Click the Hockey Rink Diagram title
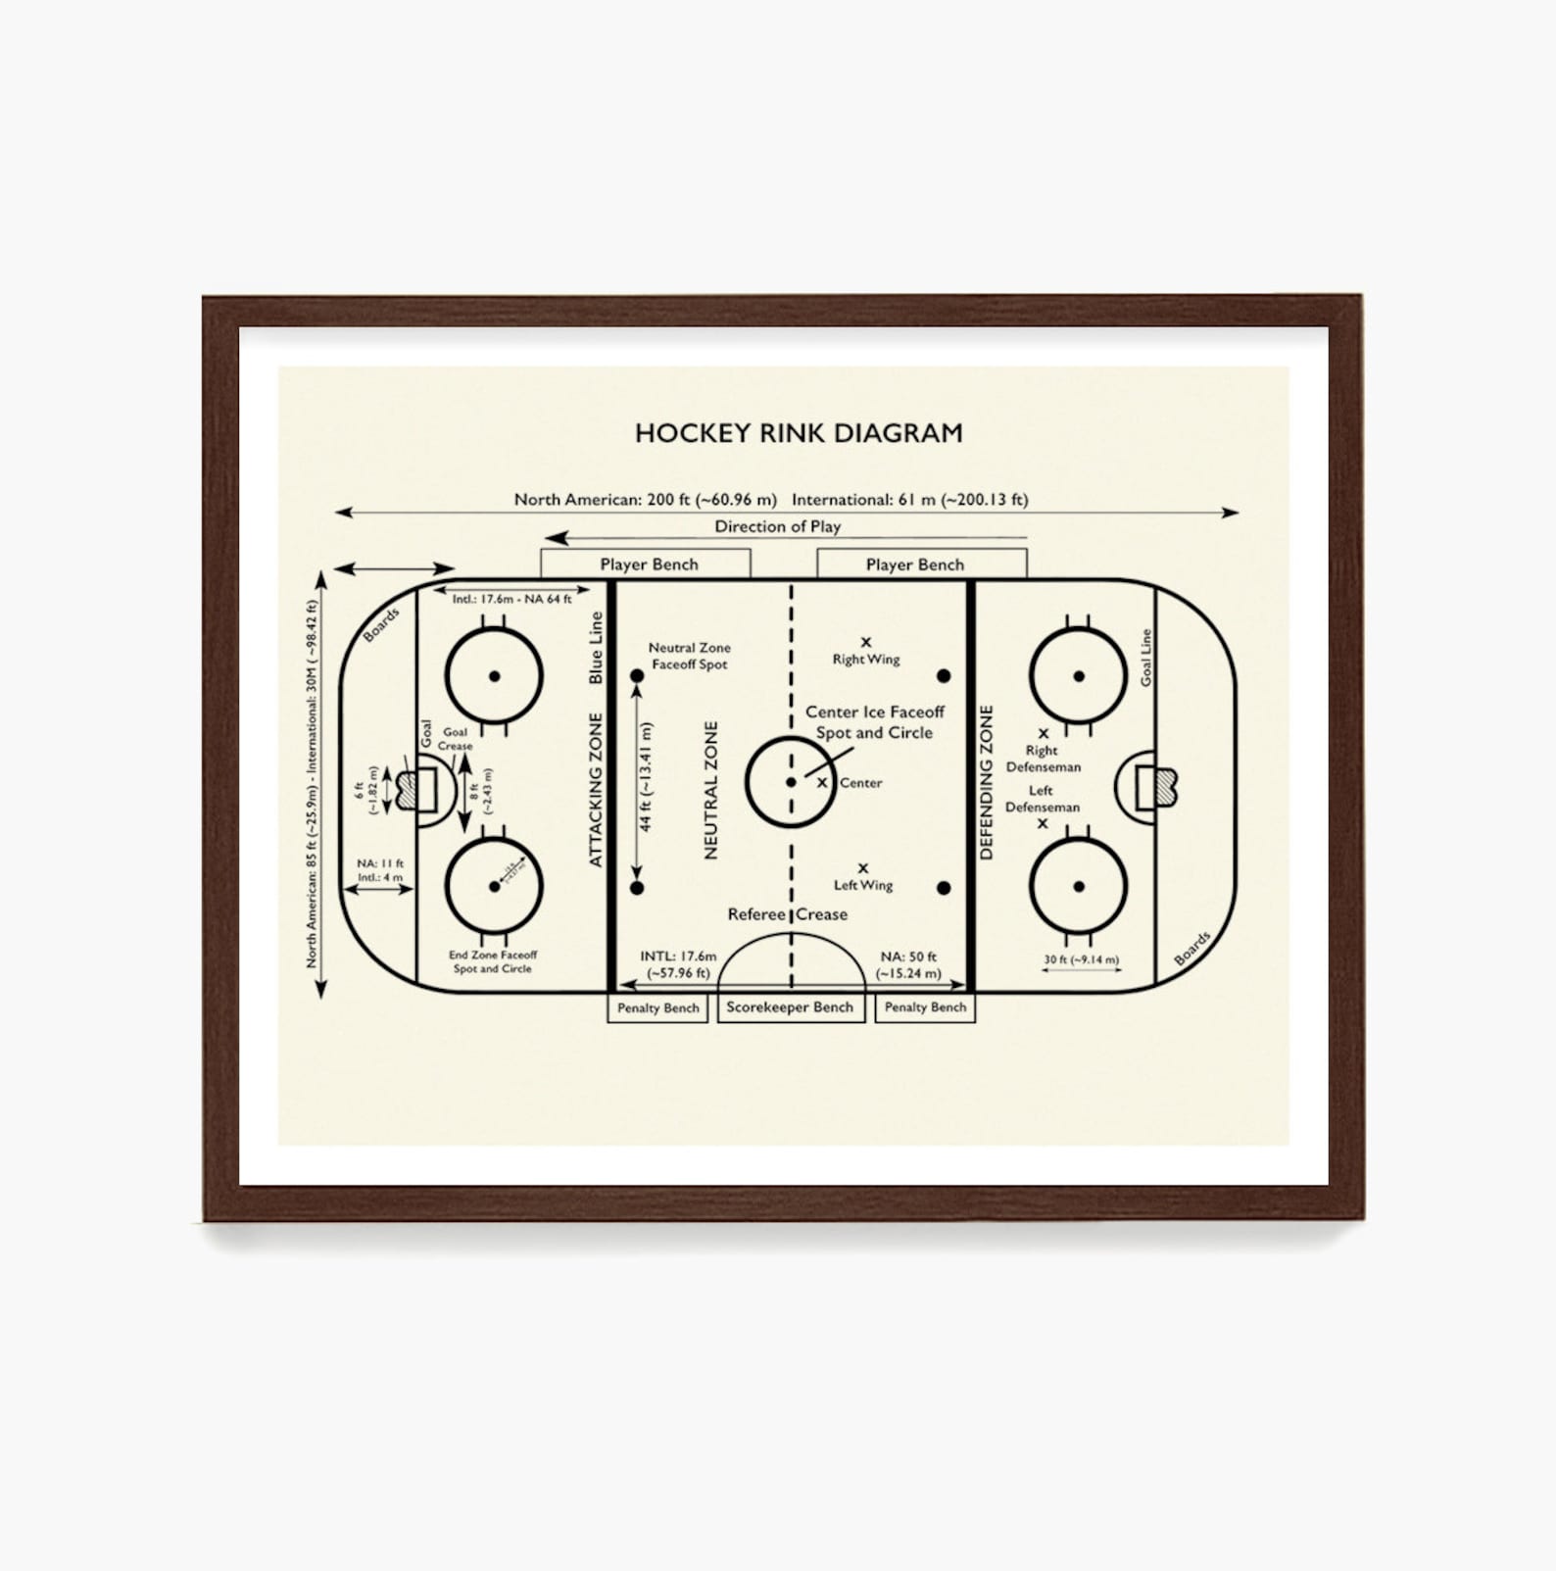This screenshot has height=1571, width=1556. [799, 433]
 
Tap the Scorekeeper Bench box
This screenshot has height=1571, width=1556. [790, 1007]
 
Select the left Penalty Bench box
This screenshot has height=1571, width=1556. [657, 1007]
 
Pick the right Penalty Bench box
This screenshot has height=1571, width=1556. [925, 1007]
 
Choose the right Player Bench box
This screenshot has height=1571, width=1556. [914, 565]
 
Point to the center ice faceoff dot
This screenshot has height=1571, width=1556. [791, 782]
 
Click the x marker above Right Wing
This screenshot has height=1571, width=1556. [865, 642]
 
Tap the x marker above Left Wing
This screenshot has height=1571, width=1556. [863, 868]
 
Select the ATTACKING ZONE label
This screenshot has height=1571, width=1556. [596, 790]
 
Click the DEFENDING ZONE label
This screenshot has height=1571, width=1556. [986, 782]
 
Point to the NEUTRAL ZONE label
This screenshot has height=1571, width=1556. [711, 790]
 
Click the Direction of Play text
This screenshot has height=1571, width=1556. [777, 526]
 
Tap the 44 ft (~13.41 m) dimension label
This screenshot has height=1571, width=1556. [646, 777]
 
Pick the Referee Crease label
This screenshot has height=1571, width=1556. [787, 914]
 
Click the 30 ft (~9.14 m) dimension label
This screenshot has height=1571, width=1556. [1081, 959]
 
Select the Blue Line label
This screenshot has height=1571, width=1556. [596, 648]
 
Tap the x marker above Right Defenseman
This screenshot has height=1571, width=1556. [1044, 733]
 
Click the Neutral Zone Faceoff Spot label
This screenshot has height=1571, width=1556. [689, 656]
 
